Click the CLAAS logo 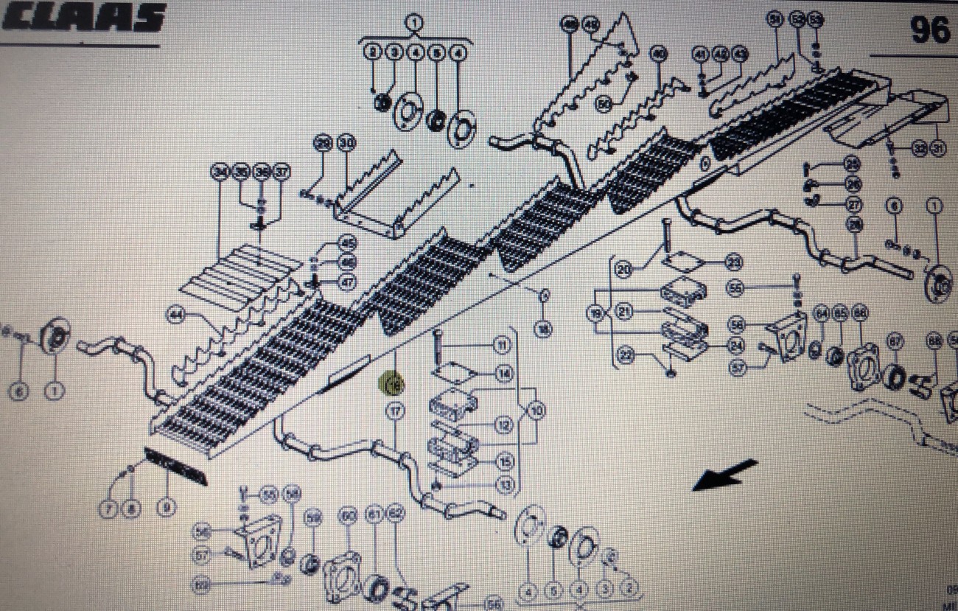point(83,18)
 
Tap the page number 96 point(929,30)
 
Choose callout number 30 point(346,144)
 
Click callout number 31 point(937,149)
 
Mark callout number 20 point(624,271)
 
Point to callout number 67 point(895,341)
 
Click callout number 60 point(347,517)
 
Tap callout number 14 point(504,374)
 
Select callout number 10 point(536,411)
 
